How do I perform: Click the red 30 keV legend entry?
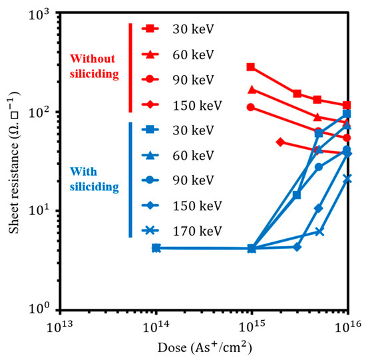point(178,29)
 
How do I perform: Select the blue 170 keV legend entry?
point(182,231)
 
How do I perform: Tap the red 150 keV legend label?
point(197,105)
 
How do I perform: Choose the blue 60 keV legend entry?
point(178,155)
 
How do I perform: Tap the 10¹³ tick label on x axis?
point(60,326)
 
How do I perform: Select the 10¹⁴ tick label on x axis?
point(156,326)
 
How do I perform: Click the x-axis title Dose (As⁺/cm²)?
point(205,347)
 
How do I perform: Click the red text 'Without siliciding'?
point(94,66)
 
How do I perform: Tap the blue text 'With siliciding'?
point(94,179)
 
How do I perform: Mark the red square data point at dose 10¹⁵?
point(251,67)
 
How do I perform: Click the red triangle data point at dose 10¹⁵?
point(251,89)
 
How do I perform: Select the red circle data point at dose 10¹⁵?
point(251,107)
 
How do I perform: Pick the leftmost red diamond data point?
point(280,142)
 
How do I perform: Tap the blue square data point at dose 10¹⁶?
point(347,114)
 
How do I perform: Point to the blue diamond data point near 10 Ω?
point(319,208)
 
